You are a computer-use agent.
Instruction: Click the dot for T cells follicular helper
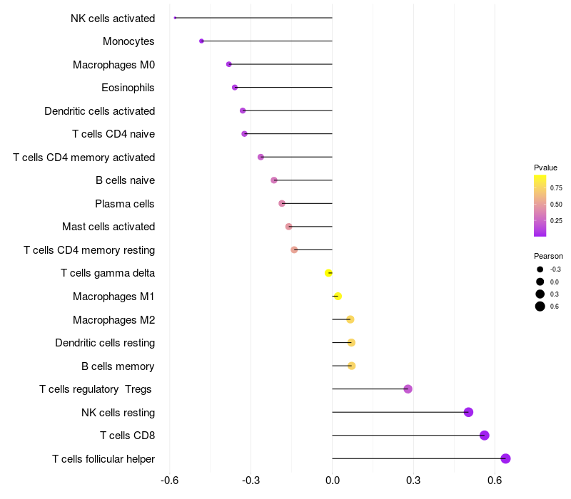click(x=505, y=458)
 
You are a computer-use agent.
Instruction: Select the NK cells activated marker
click(x=175, y=18)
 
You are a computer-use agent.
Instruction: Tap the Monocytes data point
click(x=201, y=41)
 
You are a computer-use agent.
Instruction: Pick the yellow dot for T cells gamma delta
click(x=328, y=273)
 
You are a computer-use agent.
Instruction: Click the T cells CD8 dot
click(x=485, y=436)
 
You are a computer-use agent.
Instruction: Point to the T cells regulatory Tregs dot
click(x=408, y=389)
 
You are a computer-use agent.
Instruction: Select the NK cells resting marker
click(x=468, y=412)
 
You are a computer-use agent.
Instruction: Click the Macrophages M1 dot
click(x=338, y=297)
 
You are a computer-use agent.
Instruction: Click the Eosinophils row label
click(x=128, y=88)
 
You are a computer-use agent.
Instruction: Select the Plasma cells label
click(x=125, y=204)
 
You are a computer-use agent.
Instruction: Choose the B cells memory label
click(x=118, y=366)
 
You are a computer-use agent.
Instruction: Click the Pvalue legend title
click(x=545, y=168)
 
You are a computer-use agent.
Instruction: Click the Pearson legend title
click(x=548, y=256)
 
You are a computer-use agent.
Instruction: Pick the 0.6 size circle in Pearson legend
click(x=540, y=307)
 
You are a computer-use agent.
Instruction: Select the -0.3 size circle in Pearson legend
click(x=540, y=269)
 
